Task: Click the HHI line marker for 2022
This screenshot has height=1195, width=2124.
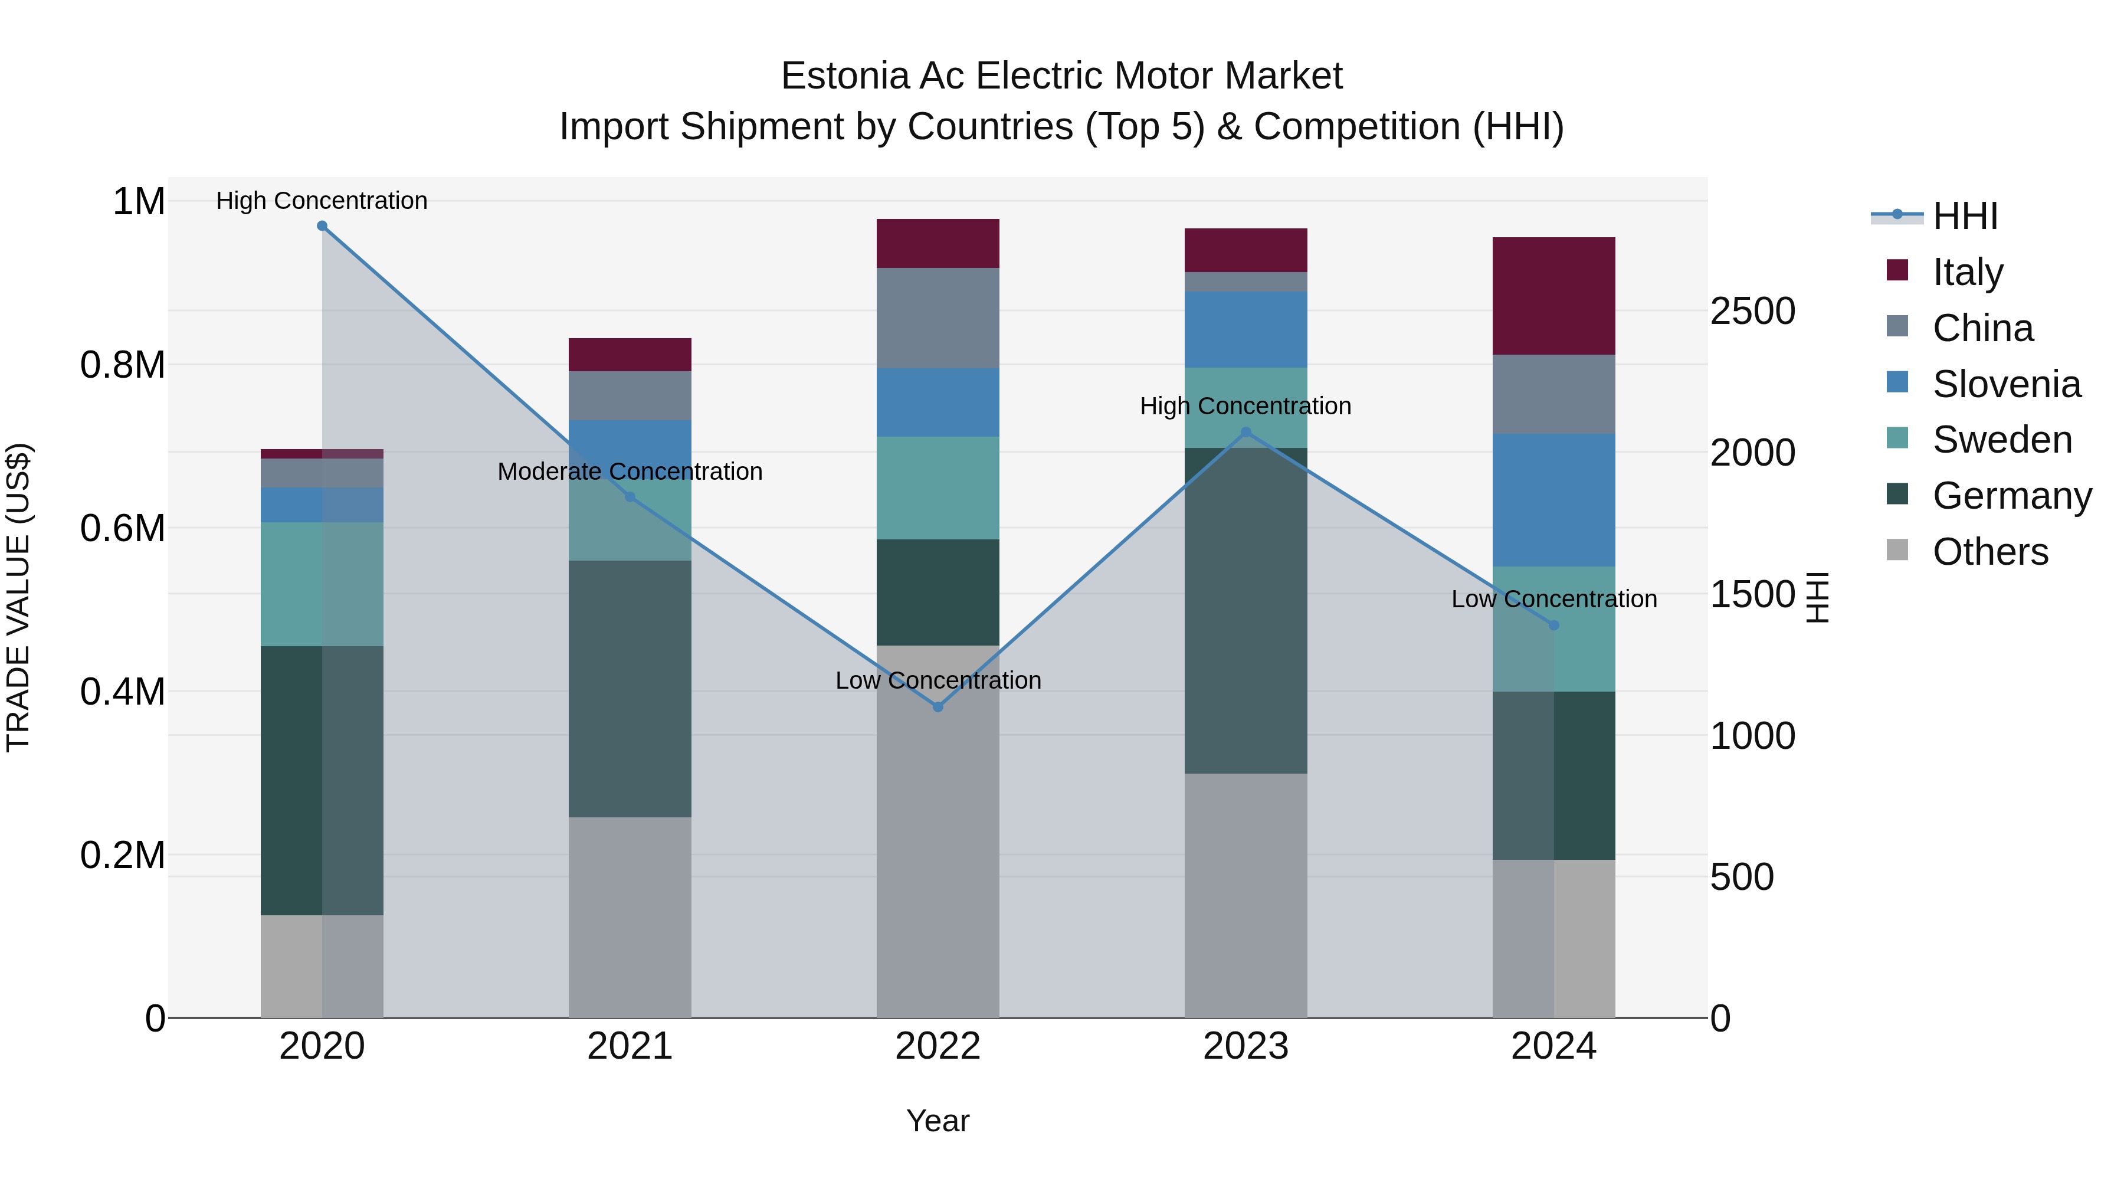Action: (938, 707)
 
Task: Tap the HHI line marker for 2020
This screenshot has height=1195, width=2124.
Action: (322, 226)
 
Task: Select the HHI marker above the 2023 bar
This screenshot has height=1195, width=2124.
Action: (1246, 432)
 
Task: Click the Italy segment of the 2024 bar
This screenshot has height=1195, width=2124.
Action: (1553, 296)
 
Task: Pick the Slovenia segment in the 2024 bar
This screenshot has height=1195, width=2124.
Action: (1553, 500)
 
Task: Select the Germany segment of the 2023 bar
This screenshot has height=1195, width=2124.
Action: (1246, 610)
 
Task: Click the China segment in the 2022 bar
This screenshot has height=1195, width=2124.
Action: (938, 317)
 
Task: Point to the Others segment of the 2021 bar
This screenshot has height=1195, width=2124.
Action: (630, 917)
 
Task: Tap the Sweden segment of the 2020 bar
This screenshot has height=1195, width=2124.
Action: (322, 584)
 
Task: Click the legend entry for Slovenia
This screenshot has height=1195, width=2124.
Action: (2005, 384)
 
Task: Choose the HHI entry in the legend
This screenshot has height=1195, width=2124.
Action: (1964, 216)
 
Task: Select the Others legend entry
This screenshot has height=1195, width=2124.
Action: (1989, 552)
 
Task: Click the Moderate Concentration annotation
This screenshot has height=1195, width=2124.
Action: (630, 472)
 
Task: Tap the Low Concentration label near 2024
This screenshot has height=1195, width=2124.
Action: (1553, 600)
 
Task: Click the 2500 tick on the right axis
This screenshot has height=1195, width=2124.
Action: (1752, 312)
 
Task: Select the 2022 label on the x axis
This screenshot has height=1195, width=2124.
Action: (938, 1046)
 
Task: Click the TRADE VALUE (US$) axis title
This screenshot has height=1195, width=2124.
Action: (19, 597)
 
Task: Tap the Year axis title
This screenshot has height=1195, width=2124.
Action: (938, 1121)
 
